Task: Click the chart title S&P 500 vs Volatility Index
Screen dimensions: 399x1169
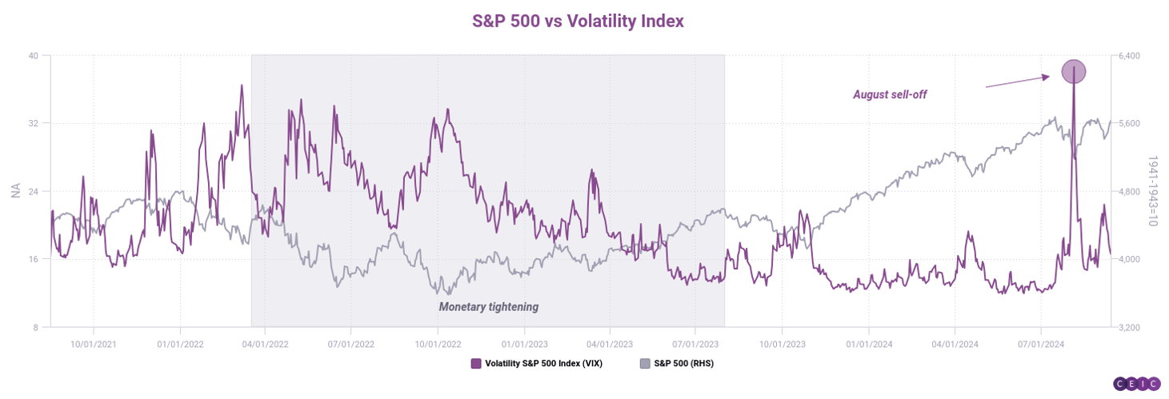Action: (578, 22)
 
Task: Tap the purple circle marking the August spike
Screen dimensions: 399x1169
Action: (1073, 72)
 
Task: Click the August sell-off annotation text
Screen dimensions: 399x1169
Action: (889, 95)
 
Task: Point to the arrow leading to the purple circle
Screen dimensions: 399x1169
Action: (1016, 82)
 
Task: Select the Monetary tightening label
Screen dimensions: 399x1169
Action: (488, 306)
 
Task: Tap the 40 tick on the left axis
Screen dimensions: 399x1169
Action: (33, 55)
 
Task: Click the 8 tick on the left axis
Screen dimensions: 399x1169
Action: (35, 327)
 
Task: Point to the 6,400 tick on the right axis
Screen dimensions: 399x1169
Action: (1129, 55)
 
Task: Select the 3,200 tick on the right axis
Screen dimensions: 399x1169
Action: (1129, 327)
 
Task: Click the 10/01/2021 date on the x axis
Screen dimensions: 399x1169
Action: (94, 344)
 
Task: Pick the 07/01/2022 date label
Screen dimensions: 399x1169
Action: (351, 344)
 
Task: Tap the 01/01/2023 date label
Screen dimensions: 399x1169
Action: (524, 344)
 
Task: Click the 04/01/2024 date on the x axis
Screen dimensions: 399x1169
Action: (955, 344)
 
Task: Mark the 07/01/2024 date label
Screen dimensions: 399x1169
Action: (1040, 344)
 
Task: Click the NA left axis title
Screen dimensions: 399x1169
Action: (15, 191)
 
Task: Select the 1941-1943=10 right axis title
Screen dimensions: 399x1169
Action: (1153, 191)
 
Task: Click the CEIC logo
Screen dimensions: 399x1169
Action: (1136, 384)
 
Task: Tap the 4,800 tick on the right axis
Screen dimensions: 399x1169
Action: (1129, 191)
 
